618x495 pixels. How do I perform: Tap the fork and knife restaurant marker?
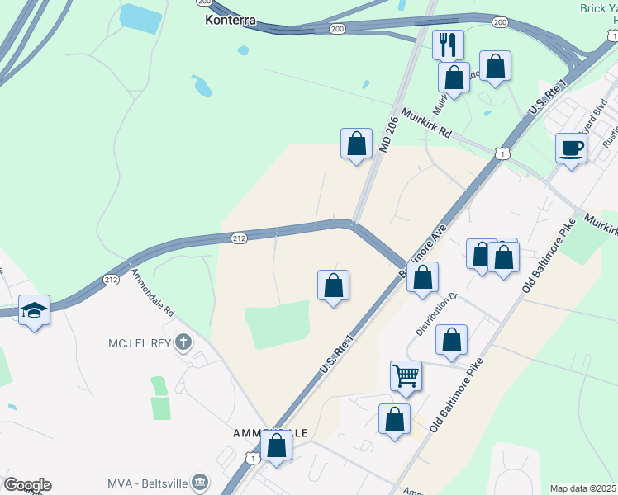(448, 44)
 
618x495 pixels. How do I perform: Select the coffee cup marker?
(571, 148)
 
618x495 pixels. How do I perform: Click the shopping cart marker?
(406, 376)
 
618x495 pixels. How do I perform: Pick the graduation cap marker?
(34, 310)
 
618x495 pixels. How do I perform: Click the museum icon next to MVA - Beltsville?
(199, 481)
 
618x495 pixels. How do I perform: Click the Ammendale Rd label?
(153, 295)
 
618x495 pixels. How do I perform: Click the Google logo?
(27, 484)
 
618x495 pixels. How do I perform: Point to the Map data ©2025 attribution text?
(582, 488)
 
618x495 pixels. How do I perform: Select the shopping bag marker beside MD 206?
(356, 144)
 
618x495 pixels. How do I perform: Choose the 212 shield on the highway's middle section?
(239, 238)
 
